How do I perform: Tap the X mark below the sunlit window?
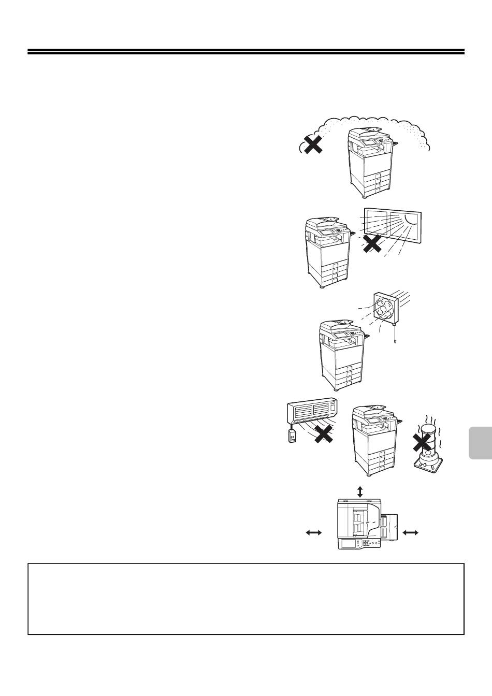point(372,243)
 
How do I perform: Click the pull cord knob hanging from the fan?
point(396,342)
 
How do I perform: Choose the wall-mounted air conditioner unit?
point(312,410)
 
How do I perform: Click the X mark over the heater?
point(423,443)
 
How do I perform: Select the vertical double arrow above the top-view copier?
point(360,491)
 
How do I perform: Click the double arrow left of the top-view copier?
point(314,532)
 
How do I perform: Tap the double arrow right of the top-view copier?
point(410,532)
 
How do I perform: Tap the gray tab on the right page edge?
point(480,436)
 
